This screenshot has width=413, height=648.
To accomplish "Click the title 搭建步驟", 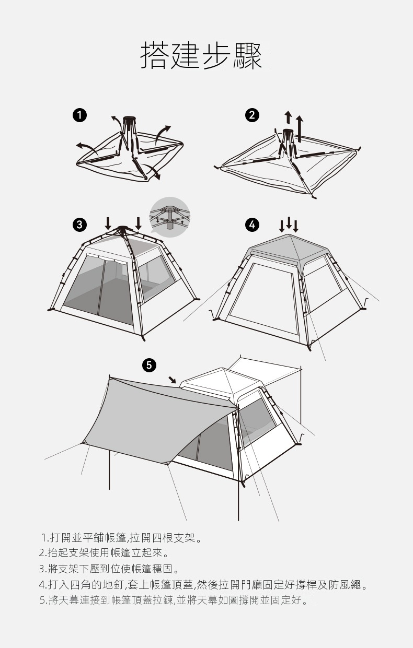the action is [x=201, y=55].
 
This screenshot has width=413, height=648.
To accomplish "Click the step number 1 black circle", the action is [x=79, y=115].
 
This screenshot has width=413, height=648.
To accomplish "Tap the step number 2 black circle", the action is [x=253, y=115].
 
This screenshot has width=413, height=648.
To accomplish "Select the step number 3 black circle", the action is [x=79, y=225].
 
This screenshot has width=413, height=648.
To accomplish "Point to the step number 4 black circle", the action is [x=252, y=225].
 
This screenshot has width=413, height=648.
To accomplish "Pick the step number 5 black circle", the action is [x=149, y=366].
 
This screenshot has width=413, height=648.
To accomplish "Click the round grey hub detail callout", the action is [x=170, y=217].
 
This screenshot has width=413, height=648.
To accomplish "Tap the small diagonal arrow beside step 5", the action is [x=173, y=380].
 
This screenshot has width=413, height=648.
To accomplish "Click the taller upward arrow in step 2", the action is [x=300, y=129].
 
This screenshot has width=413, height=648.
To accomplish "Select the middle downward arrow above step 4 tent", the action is [x=289, y=222].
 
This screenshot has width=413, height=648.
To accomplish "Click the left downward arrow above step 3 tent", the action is [x=108, y=223].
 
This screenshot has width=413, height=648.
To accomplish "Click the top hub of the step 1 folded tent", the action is [x=129, y=119].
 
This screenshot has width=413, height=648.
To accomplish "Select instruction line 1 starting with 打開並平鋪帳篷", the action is [x=121, y=538].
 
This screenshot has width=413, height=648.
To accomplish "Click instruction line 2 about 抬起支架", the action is [x=104, y=553].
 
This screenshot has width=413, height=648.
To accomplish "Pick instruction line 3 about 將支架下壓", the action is [x=109, y=569].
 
